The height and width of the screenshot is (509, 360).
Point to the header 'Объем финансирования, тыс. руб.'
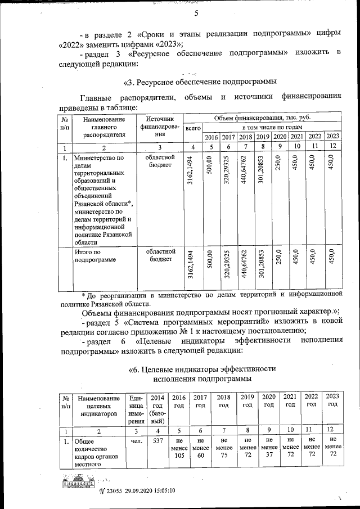coord(262,118)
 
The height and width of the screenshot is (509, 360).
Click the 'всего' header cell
coord(193,128)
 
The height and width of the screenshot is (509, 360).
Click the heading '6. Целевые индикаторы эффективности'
coord(202,369)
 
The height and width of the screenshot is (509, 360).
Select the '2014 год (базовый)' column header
coord(158,408)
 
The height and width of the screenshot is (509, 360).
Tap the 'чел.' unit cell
coord(136,442)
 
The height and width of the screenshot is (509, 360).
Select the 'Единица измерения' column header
coord(136,408)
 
